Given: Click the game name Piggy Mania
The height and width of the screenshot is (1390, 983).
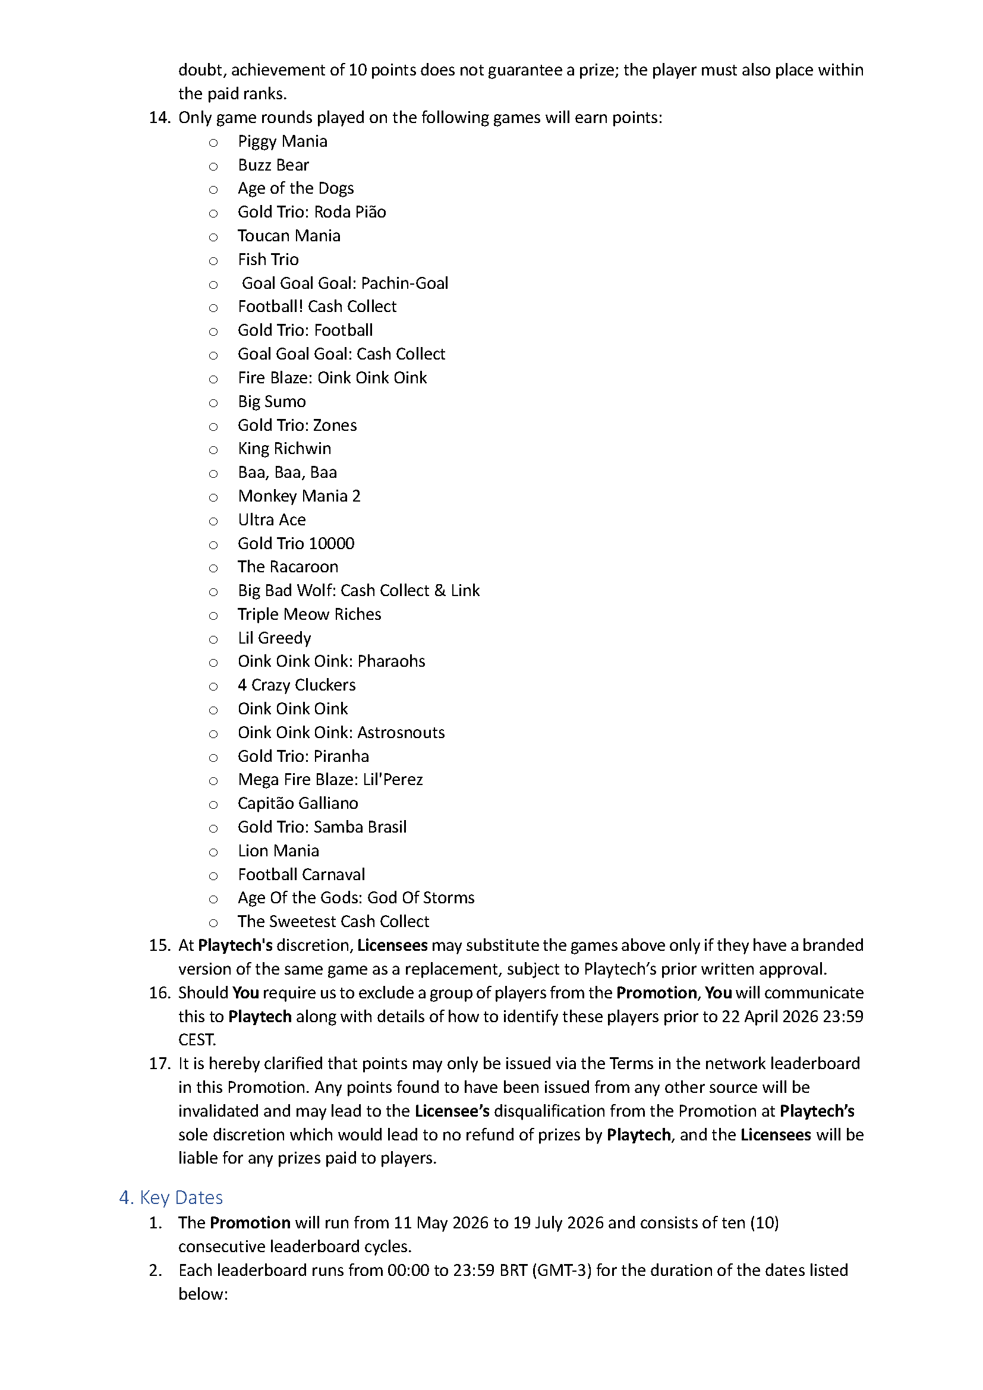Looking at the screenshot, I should pos(282,141).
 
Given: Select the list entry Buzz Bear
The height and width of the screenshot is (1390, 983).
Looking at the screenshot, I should pos(273,165).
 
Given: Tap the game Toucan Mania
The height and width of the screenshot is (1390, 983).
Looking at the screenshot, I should pos(289,236).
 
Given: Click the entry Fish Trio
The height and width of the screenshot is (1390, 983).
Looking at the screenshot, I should pos(268,260).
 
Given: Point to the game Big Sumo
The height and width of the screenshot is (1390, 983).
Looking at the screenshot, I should pos(272,402).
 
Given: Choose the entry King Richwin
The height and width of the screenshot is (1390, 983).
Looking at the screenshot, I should pos(285,449).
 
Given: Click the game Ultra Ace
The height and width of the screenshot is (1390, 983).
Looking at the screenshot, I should pos(272,520).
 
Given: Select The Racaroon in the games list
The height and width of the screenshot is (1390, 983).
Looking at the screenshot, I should pos(288,568).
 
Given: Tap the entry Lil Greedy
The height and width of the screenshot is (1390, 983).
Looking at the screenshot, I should pos(274,638).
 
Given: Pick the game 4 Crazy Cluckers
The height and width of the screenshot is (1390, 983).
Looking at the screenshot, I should pos(297,685).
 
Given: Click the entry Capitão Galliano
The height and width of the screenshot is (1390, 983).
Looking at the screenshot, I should pos(298,803).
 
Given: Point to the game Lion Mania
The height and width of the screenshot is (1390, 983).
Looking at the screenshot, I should pos(278,851).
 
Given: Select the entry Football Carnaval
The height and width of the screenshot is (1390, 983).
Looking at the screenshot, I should pos(301,875).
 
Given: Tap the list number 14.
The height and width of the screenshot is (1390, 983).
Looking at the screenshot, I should pos(159,118).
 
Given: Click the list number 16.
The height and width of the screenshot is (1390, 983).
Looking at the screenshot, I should pos(159,993).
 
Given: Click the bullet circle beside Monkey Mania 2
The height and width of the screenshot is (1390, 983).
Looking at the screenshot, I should pos(213,497).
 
